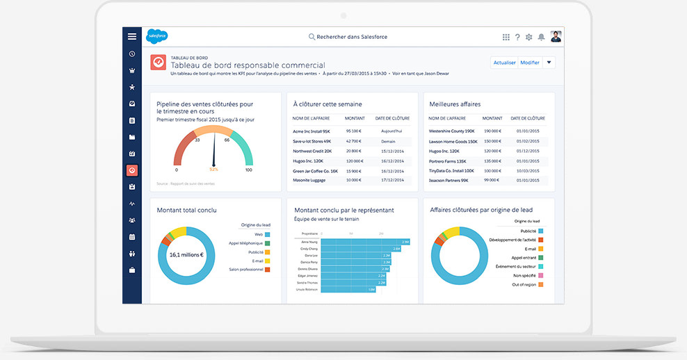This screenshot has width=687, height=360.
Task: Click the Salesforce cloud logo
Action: [156, 36]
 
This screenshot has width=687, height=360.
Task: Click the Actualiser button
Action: [504, 63]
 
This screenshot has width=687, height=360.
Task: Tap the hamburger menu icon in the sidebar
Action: [132, 36]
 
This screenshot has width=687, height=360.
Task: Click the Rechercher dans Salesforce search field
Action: [348, 37]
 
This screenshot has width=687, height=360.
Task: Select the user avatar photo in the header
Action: [556, 36]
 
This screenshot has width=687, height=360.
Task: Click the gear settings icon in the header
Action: [528, 37]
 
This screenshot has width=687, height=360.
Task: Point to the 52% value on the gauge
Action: [213, 169]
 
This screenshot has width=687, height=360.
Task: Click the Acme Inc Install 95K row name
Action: [311, 131]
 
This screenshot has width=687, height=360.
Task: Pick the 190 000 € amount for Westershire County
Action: [492, 131]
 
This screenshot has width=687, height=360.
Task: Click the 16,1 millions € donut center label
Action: [186, 254]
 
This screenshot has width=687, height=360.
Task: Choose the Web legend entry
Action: [259, 234]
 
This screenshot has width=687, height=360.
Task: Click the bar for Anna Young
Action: [366, 242]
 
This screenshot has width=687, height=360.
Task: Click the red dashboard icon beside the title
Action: [159, 62]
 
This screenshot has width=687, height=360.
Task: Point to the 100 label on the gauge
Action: [248, 170]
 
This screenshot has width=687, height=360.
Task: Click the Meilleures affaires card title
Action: [455, 104]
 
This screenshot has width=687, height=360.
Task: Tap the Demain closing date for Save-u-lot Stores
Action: [388, 140]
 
